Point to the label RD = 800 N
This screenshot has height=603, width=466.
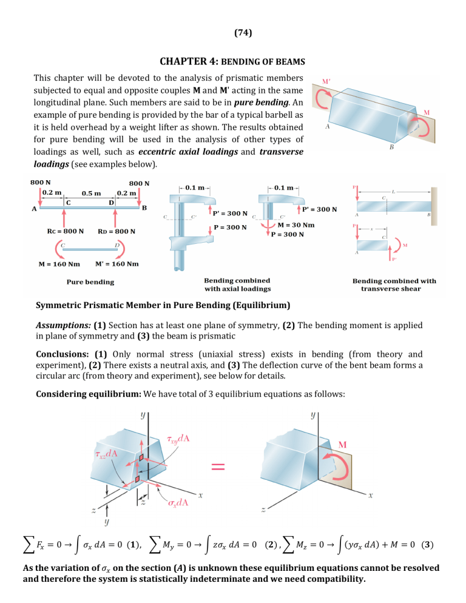coord(116,231)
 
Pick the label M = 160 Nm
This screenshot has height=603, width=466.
coord(59,264)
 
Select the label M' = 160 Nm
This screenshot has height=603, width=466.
coord(117,264)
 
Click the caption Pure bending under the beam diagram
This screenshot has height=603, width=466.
coord(90,281)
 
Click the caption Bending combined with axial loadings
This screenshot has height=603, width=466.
coord(237,285)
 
